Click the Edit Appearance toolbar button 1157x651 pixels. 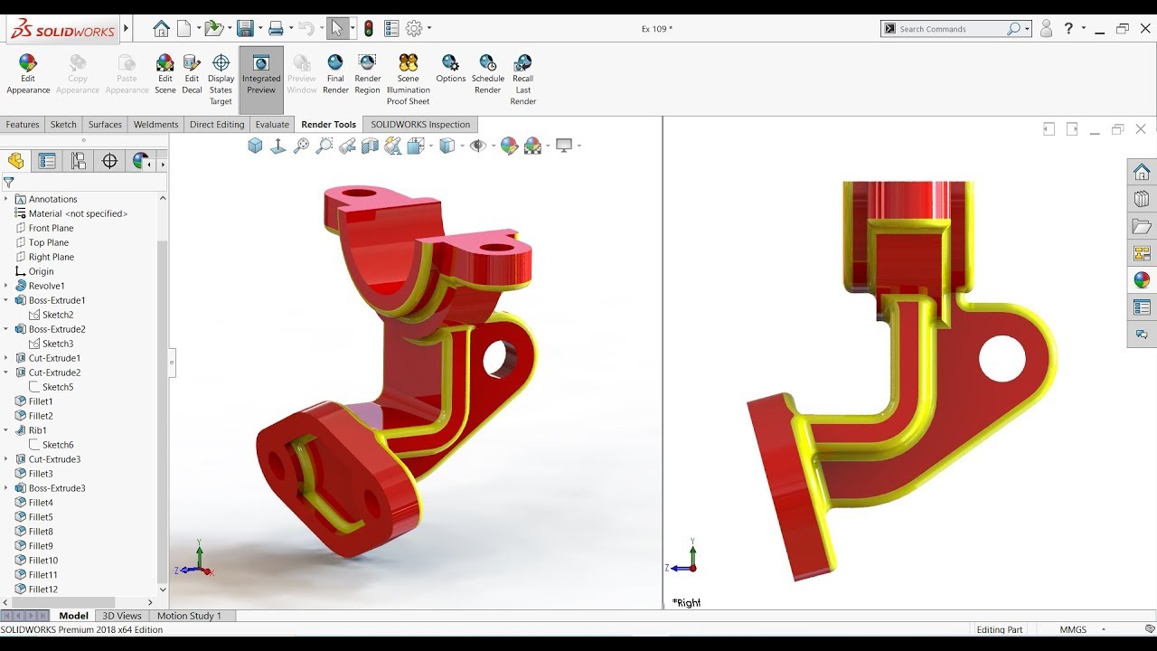pos(28,73)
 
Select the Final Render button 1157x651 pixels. pos(335,73)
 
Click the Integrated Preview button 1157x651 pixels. pos(261,73)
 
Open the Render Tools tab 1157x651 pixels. pos(328,125)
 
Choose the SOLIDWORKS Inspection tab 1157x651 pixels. pos(420,125)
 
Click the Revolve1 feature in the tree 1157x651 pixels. pos(46,286)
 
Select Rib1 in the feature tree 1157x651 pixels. pos(37,430)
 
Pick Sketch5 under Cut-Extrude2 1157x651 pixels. pos(58,387)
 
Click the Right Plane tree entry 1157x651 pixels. pos(51,257)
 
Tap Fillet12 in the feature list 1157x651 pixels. pos(42,590)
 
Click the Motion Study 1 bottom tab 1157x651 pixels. pos(189,616)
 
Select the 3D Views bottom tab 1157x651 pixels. pos(122,616)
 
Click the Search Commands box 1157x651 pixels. pos(951,29)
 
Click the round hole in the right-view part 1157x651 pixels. pos(1002,358)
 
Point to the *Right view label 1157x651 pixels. pos(686,602)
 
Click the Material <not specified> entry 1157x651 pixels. pos(78,213)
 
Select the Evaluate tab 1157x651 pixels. pos(272,125)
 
